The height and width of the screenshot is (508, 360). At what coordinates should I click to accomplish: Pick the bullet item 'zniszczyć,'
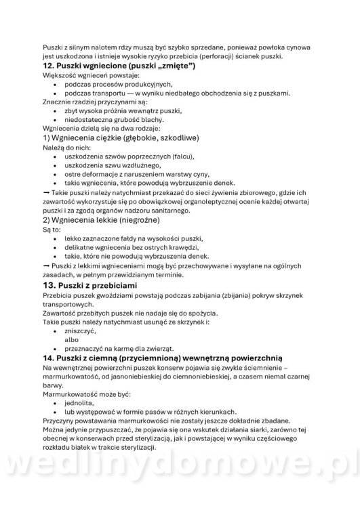click(83, 329)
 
